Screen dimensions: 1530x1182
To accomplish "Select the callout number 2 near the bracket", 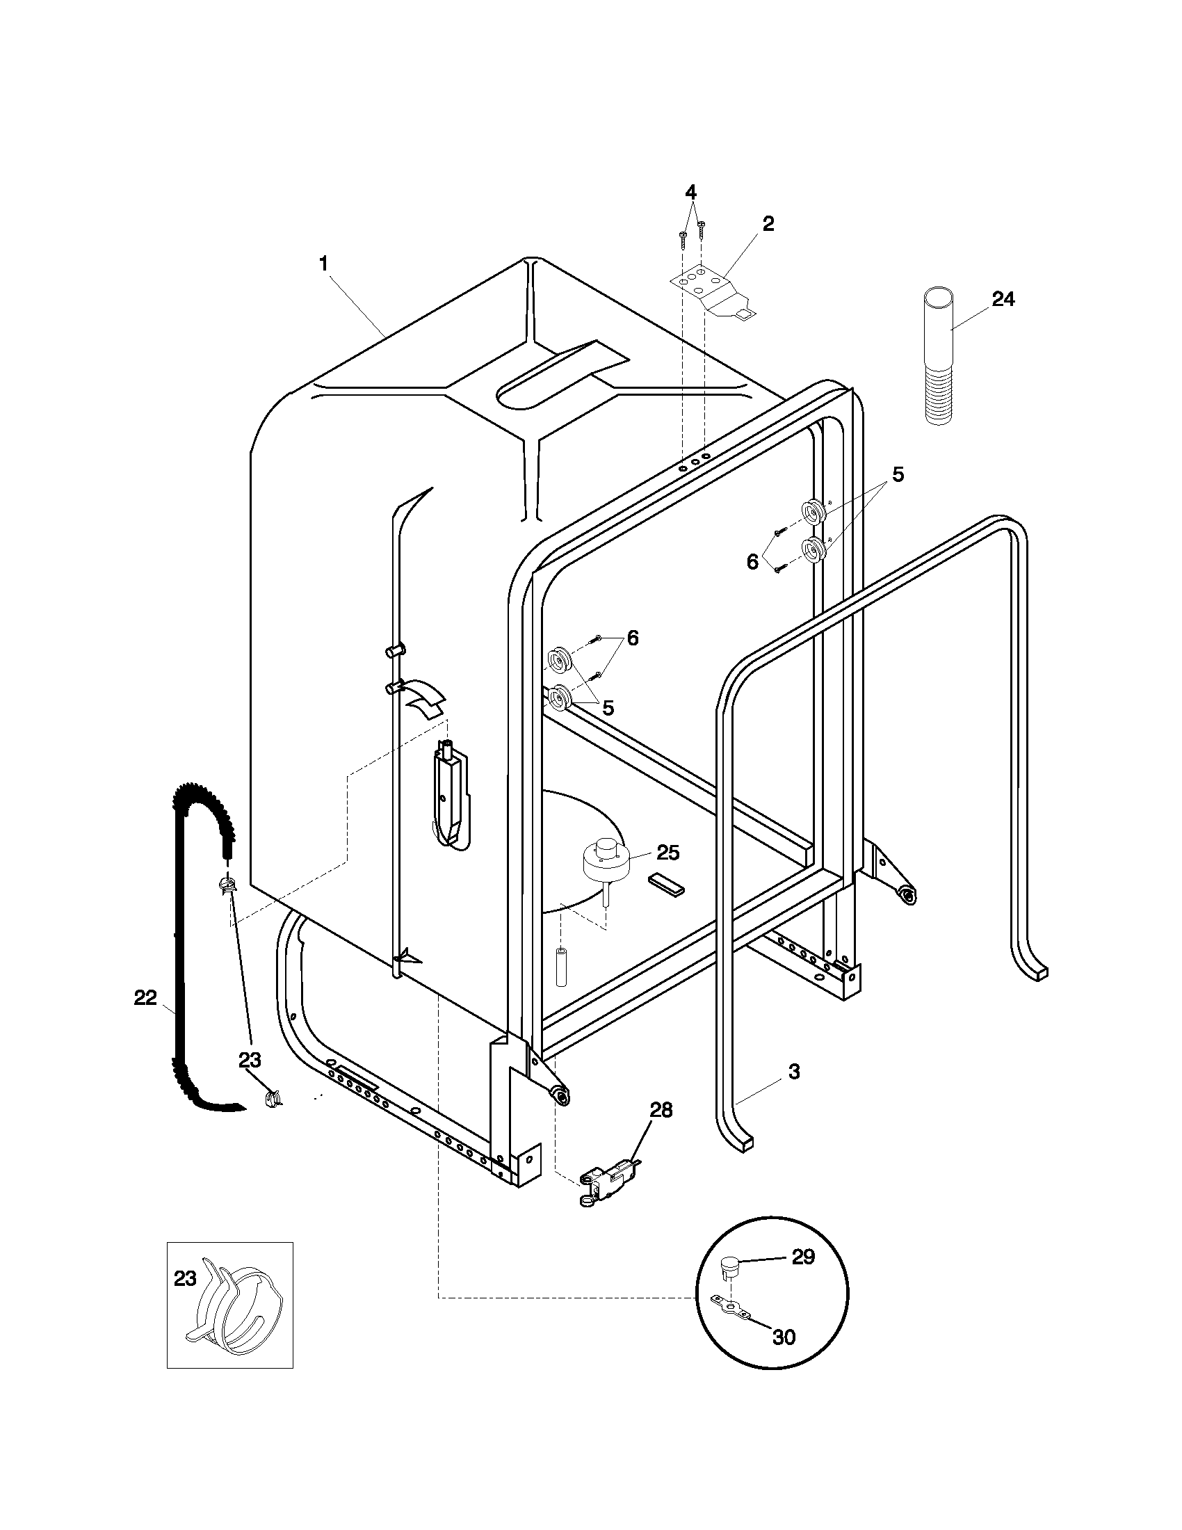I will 768,224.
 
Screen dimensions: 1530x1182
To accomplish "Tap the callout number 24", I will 1003,299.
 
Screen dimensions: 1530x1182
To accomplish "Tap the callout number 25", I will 668,853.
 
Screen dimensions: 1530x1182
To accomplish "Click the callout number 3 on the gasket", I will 793,1071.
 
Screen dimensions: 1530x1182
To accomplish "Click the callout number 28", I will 661,1110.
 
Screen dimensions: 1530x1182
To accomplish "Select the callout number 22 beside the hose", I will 145,997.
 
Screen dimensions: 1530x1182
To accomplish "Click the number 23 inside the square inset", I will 185,1279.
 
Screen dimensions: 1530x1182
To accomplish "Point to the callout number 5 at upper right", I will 897,475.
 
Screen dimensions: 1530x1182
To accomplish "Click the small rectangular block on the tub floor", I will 666,883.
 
